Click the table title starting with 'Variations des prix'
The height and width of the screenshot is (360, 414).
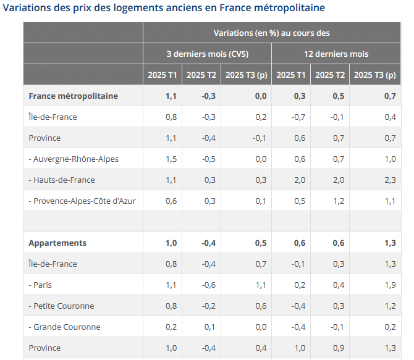click(x=164, y=8)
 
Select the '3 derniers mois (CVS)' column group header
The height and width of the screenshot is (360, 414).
click(x=207, y=54)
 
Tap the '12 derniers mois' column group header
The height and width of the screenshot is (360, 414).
click(x=336, y=54)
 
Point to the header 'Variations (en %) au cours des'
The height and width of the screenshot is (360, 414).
click(x=272, y=33)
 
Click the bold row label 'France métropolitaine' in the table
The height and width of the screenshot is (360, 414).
click(x=73, y=96)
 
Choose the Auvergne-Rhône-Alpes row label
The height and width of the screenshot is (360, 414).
click(x=74, y=159)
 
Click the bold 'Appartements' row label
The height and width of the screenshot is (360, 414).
click(x=57, y=243)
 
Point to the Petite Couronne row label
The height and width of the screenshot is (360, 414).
click(x=61, y=306)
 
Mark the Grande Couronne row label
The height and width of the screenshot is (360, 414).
click(x=64, y=327)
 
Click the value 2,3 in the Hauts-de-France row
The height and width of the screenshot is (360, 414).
click(x=390, y=180)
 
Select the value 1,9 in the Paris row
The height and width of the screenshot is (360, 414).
click(x=390, y=285)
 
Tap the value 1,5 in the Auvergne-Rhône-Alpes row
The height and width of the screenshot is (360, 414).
click(x=171, y=159)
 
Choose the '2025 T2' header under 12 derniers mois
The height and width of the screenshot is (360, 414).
click(x=330, y=75)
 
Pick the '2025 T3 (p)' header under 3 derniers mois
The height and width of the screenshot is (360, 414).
click(x=246, y=75)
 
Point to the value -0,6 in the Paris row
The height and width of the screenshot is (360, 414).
click(x=209, y=285)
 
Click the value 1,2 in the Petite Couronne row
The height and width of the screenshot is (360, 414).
click(x=390, y=306)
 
